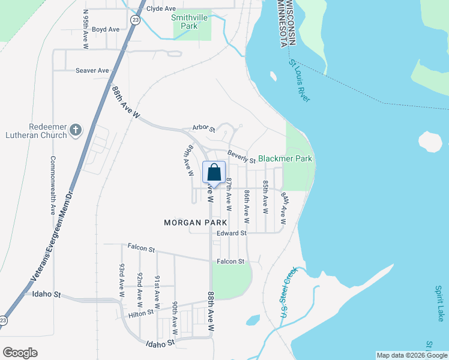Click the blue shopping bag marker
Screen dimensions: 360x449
pos(214,173)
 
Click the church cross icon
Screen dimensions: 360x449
pos(76,130)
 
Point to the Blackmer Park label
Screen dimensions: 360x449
pos(285,159)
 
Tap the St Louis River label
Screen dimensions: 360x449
pos(300,80)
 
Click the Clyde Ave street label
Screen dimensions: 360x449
pos(161,8)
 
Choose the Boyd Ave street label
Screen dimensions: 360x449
pos(106,29)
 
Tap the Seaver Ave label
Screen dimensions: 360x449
pos(92,70)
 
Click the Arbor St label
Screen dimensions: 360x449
pos(203,128)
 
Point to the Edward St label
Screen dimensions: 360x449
pos(232,233)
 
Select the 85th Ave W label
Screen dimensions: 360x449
pos(265,197)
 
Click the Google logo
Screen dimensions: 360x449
pos(20,352)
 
